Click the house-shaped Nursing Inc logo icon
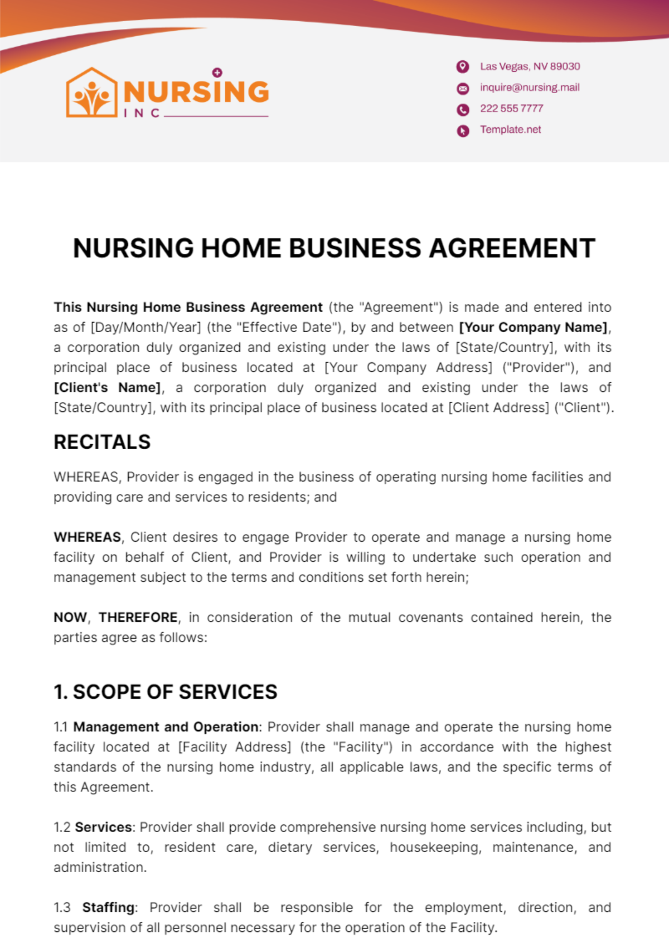(91, 93)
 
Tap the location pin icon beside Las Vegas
(463, 67)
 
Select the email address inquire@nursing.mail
(530, 87)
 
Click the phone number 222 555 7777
(511, 109)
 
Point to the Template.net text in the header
(511, 130)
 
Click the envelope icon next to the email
(463, 88)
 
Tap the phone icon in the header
(463, 109)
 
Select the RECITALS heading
(102, 442)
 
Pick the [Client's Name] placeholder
(107, 387)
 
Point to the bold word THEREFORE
(138, 618)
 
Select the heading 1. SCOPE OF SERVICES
(166, 692)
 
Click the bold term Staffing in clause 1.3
(108, 907)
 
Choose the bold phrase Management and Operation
(166, 727)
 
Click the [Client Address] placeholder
(498, 407)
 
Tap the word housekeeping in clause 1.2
(435, 847)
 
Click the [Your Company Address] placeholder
(409, 367)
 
